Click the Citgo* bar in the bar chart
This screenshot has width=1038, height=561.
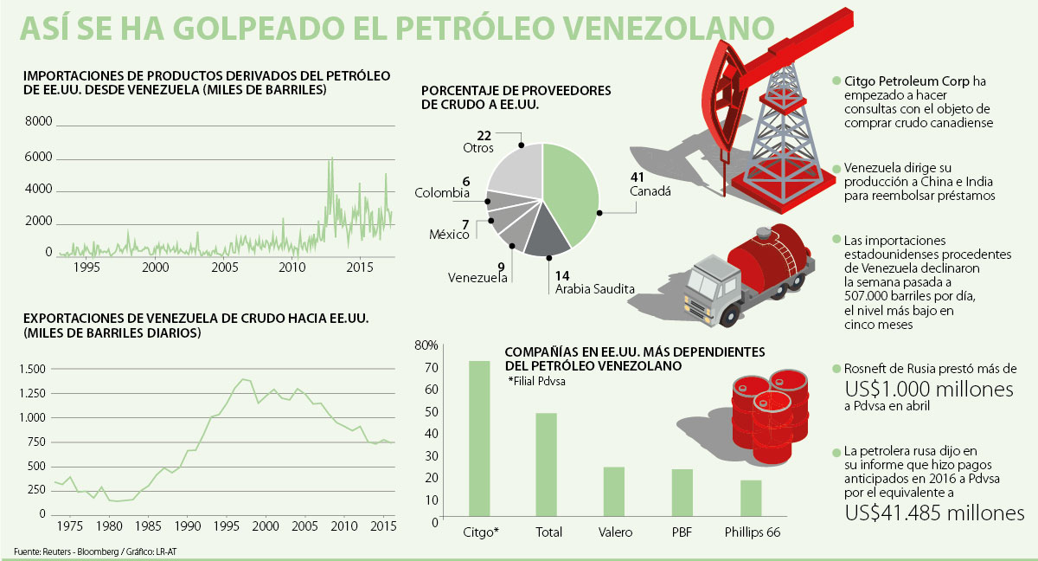click(478, 439)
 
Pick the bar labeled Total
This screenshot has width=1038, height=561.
click(547, 465)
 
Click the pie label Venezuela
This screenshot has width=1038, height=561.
click(477, 278)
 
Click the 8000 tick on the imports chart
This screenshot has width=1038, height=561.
click(39, 122)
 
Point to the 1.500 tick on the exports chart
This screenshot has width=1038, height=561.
click(32, 369)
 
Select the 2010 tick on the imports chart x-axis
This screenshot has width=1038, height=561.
click(292, 268)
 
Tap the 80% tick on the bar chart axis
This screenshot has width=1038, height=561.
click(426, 346)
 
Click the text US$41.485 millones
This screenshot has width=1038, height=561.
click(934, 513)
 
